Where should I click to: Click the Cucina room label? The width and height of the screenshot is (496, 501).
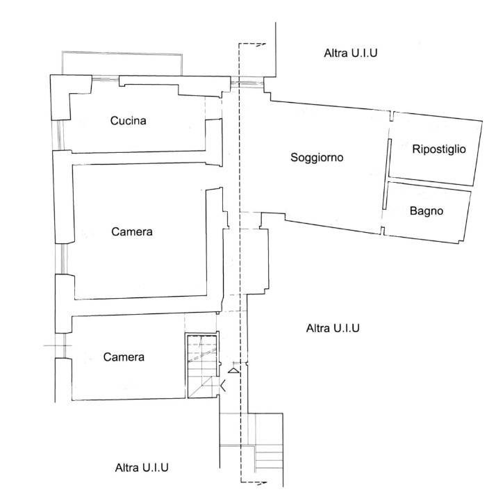(128, 120)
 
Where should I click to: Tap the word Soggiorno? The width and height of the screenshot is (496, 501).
(317, 157)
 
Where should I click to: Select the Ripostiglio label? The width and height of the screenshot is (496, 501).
(439, 149)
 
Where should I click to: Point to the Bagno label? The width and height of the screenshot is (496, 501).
(427, 211)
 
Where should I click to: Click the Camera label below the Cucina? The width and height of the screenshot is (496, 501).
(131, 231)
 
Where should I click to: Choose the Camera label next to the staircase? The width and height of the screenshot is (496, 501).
(124, 357)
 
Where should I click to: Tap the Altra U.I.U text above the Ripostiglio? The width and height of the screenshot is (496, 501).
(350, 53)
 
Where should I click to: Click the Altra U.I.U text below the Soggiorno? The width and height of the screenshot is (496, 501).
(333, 328)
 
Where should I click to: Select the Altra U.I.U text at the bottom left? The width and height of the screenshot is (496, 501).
(142, 468)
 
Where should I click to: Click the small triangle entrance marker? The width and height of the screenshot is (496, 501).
(233, 370)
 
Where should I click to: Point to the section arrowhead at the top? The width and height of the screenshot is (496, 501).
(261, 44)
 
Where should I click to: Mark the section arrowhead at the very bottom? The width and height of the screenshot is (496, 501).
(262, 483)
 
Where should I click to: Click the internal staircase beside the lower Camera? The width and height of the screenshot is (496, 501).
(202, 366)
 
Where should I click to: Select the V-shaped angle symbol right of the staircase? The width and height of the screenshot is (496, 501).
(222, 386)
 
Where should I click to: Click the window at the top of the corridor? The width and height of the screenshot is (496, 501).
(247, 83)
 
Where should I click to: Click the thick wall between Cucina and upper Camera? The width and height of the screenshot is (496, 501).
(138, 158)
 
